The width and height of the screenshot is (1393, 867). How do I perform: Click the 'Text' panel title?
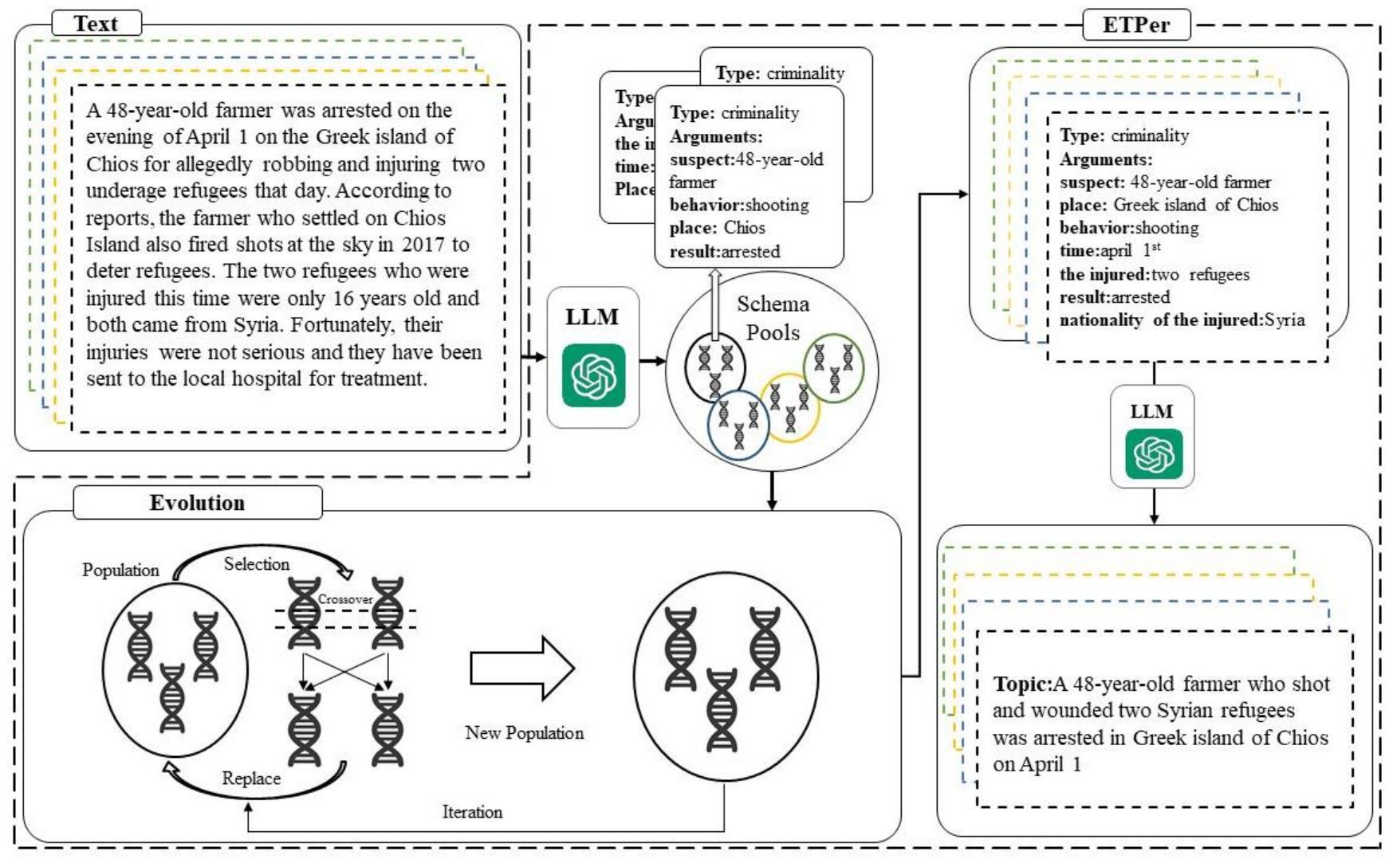pos(96,24)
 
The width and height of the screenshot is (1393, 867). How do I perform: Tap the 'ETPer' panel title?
pos(1135,25)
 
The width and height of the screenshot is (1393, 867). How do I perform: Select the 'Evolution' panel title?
pos(197,503)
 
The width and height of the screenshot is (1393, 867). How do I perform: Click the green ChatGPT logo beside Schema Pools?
pos(593,375)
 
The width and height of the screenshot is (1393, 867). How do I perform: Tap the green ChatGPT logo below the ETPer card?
pos(1153,454)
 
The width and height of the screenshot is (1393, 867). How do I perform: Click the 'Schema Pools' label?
pos(773,318)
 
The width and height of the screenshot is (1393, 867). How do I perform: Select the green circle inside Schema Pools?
pos(834,367)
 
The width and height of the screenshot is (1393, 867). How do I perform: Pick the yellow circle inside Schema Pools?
pos(790,408)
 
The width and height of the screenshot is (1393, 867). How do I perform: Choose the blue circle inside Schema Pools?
pos(738,425)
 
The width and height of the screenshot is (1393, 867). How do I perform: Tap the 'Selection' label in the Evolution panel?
pos(256,564)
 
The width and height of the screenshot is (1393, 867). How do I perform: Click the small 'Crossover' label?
pos(345,599)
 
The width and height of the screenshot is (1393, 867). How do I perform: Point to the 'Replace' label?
pos(251,779)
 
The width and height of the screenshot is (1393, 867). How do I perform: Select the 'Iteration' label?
pos(472,812)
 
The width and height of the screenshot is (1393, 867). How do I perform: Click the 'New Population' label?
pos(524,733)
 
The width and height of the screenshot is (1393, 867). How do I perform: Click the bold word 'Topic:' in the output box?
pos(1022,684)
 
